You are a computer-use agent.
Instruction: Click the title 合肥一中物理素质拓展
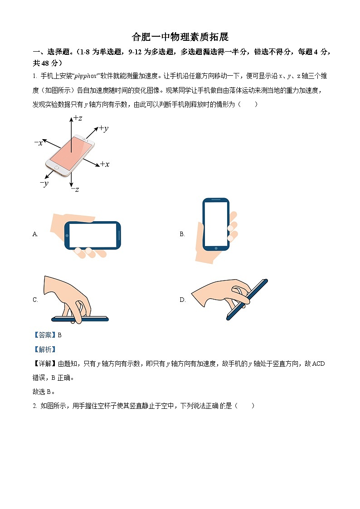[180, 37]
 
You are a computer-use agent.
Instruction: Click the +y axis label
[103, 129]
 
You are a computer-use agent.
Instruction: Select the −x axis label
[39, 143]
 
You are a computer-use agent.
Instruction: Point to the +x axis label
[104, 164]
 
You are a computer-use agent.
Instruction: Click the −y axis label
[44, 183]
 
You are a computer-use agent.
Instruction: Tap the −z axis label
[75, 189]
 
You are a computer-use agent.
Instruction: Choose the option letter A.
[35, 234]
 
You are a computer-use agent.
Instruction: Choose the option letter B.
[182, 234]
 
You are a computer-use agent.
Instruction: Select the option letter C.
[35, 300]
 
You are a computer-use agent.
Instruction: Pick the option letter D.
[183, 300]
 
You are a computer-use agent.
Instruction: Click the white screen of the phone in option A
[92, 235]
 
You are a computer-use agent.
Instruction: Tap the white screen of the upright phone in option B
[216, 223]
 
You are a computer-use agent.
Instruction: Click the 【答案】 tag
[44, 335]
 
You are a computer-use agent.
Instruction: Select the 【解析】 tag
[44, 349]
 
